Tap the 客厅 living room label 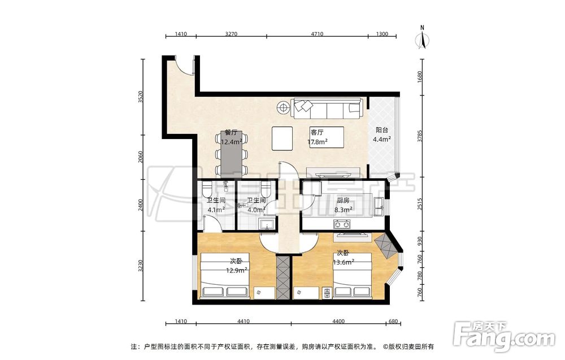pos(317,132)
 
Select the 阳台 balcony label pos(382,130)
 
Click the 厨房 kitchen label pos(343,201)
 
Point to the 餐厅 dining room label pos(231,133)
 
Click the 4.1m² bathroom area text pos(216,209)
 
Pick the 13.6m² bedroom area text pos(343,262)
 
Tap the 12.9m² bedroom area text pos(236,270)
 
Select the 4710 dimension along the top pos(317,34)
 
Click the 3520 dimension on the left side pos(141,97)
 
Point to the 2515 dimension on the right pos(419,203)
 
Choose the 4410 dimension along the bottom pos(244,322)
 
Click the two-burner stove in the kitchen pos(342,225)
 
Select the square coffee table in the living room pos(282,138)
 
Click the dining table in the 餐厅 pos(231,154)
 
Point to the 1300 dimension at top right pos(382,34)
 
